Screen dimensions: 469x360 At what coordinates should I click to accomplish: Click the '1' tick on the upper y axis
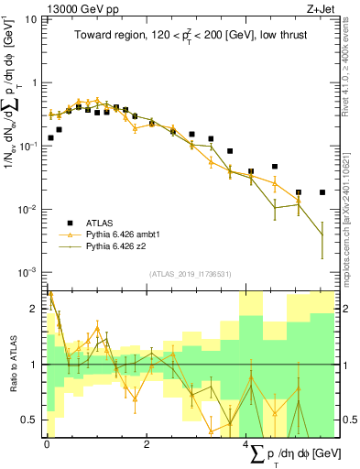35,83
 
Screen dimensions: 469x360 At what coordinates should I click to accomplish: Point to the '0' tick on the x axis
47,443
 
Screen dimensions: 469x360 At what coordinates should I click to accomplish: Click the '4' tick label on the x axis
246,443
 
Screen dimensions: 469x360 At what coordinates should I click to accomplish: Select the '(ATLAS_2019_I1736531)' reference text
190,273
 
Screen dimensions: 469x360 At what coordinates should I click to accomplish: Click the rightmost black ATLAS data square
322,192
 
